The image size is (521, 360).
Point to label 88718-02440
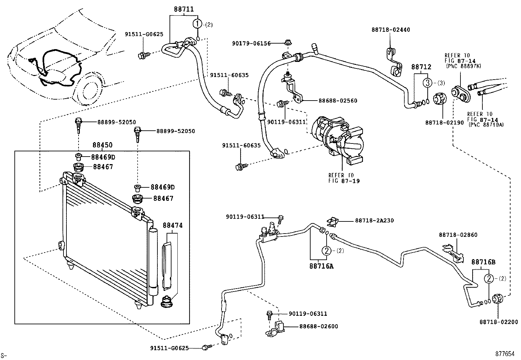point(390,29)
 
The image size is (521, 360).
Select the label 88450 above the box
point(102,145)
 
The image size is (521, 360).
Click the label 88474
point(172,225)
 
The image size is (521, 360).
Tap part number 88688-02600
point(318,326)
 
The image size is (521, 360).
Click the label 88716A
point(321,266)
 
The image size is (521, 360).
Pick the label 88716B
point(483,262)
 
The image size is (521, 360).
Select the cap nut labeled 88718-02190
point(440,99)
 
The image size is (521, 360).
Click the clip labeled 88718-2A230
point(332,222)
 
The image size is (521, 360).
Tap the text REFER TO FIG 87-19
point(344,178)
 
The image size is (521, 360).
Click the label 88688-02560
point(338,101)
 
